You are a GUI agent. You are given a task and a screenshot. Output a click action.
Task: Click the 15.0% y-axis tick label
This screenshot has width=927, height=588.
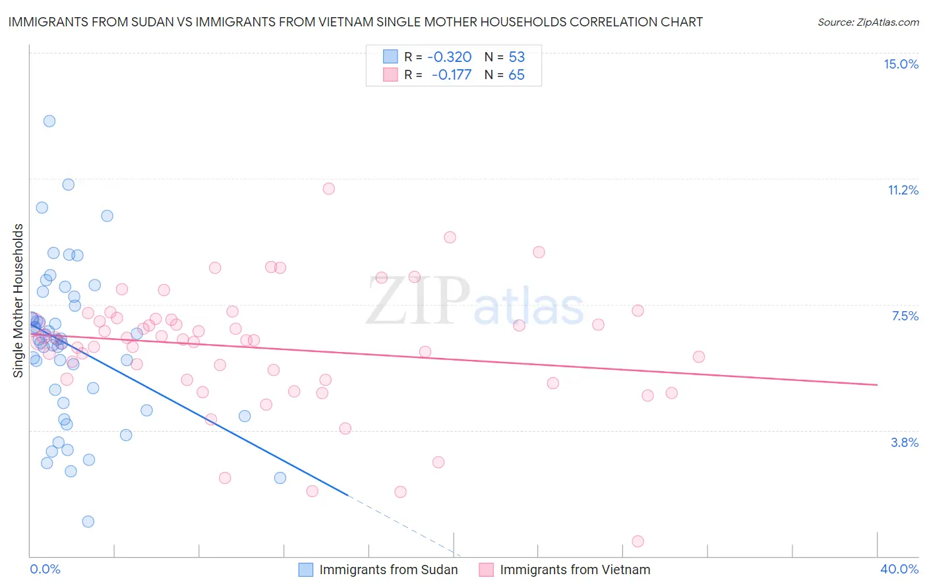[x=901, y=64]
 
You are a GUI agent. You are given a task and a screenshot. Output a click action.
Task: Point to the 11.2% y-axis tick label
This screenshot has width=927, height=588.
[x=903, y=190]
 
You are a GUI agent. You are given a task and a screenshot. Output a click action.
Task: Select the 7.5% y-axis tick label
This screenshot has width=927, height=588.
[x=905, y=316]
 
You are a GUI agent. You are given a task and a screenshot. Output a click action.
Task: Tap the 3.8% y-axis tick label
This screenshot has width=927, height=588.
[x=905, y=442]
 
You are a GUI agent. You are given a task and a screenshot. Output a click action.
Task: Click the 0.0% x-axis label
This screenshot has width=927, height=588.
[x=45, y=569]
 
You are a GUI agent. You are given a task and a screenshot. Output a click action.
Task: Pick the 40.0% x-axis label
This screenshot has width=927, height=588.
[x=899, y=569]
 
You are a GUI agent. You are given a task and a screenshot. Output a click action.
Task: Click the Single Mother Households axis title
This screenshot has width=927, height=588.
[x=18, y=301]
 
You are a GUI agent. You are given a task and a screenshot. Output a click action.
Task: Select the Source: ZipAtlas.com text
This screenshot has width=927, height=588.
[x=868, y=22]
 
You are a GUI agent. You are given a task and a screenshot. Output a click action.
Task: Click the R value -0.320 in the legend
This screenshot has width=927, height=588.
[x=450, y=57]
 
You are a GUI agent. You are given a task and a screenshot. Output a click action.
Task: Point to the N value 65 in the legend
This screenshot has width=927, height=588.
[x=516, y=74]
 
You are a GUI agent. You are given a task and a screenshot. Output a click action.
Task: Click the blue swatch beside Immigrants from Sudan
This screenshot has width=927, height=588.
[x=306, y=570]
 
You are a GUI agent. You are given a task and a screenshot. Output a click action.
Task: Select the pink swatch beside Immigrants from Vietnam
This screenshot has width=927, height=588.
[x=487, y=570]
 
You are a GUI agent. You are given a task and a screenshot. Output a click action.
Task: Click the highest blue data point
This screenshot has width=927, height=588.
[x=49, y=121]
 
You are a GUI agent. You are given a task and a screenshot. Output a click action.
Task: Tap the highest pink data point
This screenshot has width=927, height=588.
[x=328, y=189]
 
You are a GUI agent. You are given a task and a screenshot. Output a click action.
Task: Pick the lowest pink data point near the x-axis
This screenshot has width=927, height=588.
[x=638, y=541]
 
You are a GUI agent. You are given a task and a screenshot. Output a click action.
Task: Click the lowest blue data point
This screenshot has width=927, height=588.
[x=88, y=521]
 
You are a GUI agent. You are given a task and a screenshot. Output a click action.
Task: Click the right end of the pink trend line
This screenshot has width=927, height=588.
[x=877, y=384]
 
